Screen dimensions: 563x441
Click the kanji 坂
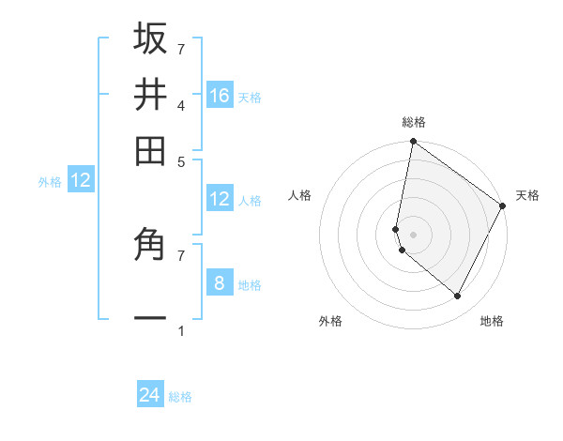pos(150,39)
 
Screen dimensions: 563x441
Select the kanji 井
pos(150,95)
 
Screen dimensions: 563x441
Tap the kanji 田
pos(150,150)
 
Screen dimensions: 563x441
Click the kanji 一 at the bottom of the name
pos(150,318)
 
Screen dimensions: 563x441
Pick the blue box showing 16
pos(220,95)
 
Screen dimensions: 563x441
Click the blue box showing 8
pos(220,282)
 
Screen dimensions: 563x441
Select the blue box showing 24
pos(150,395)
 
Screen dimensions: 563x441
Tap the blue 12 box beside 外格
pos(81,180)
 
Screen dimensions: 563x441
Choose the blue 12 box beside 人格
pos(220,198)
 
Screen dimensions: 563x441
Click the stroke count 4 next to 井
pos(181,105)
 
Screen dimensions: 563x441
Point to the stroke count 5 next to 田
pos(181,160)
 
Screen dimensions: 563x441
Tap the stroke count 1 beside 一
pos(181,331)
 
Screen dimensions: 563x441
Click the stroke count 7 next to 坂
pos(181,49)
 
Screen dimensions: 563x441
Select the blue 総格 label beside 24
pos(180,397)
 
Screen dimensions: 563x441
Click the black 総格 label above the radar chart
pos(414,122)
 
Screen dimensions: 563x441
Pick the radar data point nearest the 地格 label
pos(457,296)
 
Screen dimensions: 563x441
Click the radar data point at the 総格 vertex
pos(413,143)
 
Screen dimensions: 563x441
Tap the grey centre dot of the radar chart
pos(413,234)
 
